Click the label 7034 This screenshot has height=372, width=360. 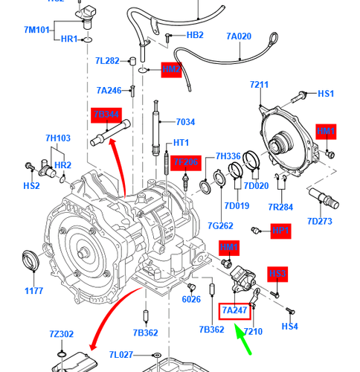[x=185, y=122]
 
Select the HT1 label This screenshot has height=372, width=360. [x=181, y=143]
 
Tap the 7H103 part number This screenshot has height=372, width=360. [x=57, y=138]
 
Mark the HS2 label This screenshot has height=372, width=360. [x=31, y=185]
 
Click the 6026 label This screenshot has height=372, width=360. [x=191, y=299]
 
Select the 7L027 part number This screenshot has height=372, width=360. [x=120, y=356]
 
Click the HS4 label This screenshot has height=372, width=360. [x=289, y=326]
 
